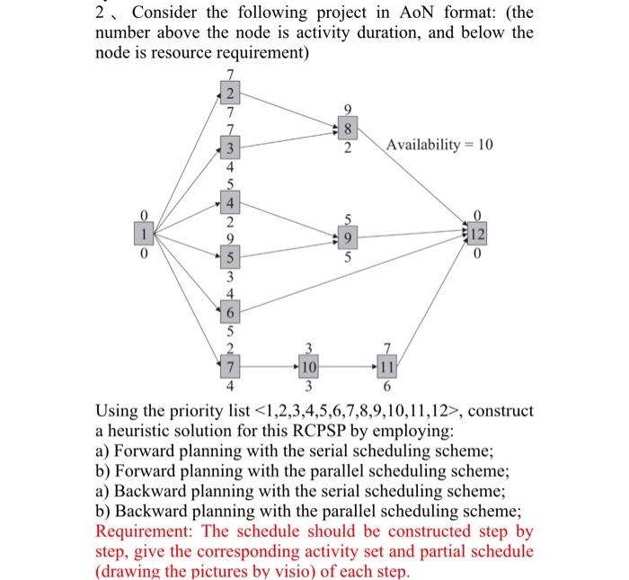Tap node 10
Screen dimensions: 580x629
(308, 368)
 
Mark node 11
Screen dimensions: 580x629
(387, 368)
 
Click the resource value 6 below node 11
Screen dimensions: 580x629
(387, 388)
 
